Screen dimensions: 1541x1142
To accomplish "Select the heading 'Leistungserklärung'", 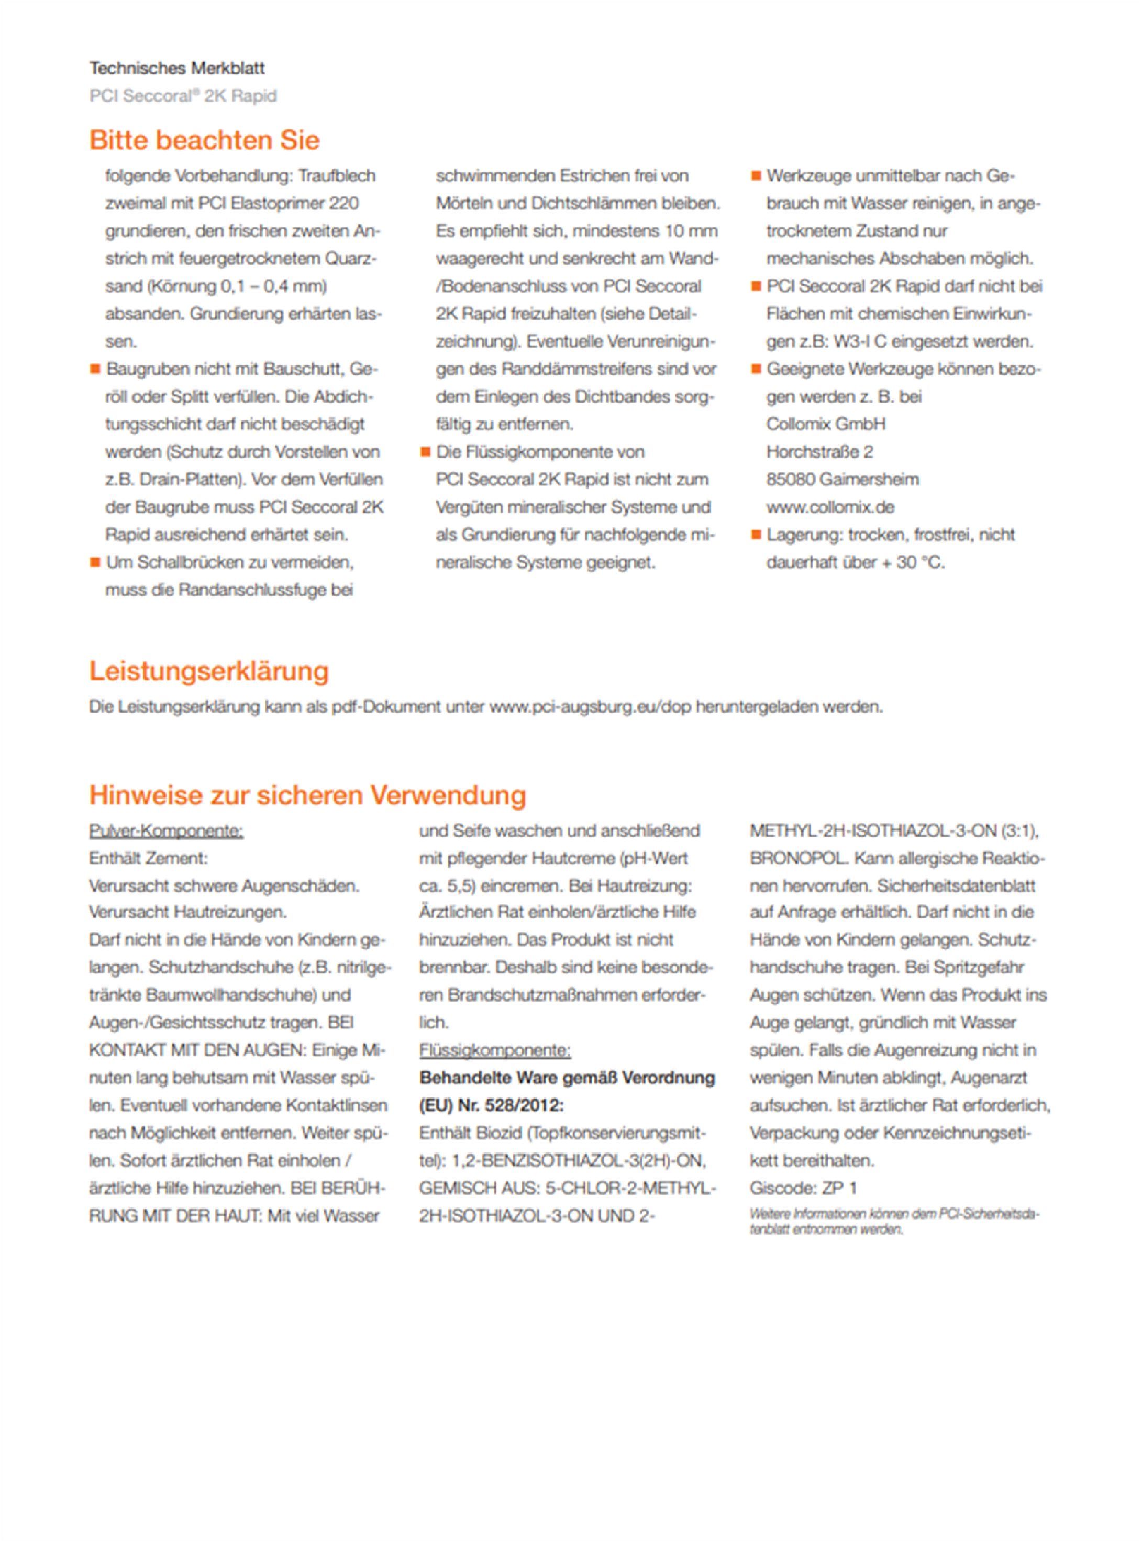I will click(x=209, y=671).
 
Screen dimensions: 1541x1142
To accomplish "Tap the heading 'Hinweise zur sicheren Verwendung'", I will click(x=307, y=795).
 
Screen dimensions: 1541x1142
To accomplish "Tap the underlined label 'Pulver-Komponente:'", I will click(x=166, y=830).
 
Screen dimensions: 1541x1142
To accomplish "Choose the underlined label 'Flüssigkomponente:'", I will click(x=494, y=1050).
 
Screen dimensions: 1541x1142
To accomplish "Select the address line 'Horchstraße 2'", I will click(x=819, y=451).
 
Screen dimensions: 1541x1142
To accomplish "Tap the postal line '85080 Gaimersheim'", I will click(x=842, y=479).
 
